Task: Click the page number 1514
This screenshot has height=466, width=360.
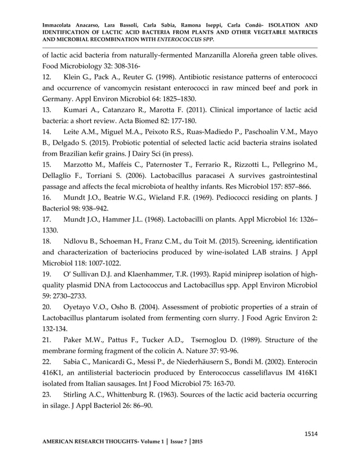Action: [x=310, y=434]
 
